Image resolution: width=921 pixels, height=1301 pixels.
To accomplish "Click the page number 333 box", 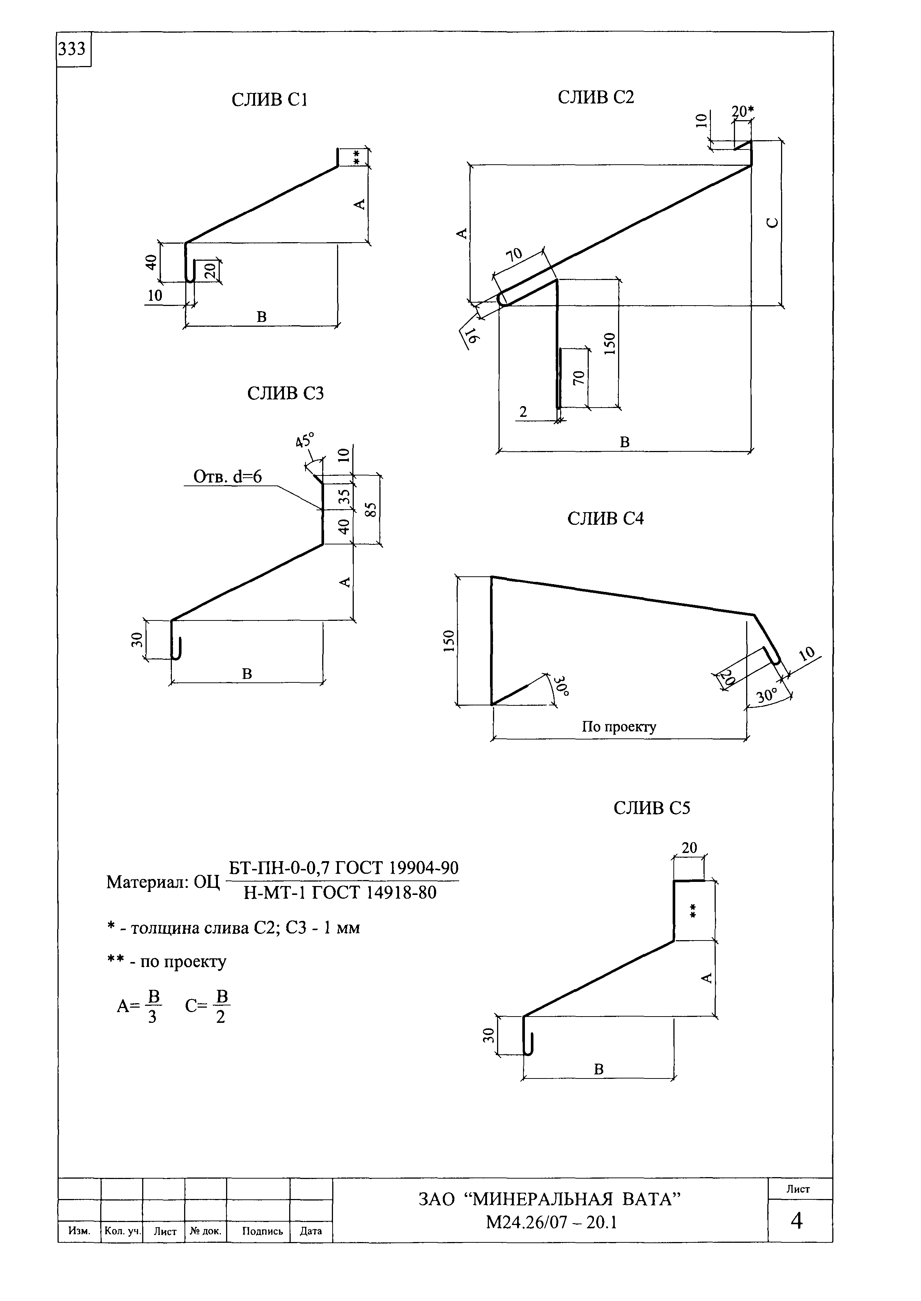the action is pyautogui.click(x=74, y=50).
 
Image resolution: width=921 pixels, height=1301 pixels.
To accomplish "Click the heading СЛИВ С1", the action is pyautogui.click(x=270, y=100).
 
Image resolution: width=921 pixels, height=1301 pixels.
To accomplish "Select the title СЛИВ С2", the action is pyautogui.click(x=596, y=98).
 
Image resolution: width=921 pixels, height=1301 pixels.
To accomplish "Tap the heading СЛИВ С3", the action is pyautogui.click(x=285, y=393).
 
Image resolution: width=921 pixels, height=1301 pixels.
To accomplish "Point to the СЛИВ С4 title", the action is pyautogui.click(x=606, y=518).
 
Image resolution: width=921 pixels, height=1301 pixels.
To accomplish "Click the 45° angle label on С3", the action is pyautogui.click(x=304, y=440).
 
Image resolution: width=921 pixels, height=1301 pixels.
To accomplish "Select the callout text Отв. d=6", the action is pyautogui.click(x=228, y=477).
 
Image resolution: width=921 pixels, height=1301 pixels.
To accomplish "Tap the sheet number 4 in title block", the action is pyautogui.click(x=797, y=1221).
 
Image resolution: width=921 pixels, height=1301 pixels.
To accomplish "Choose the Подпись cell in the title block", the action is pyautogui.click(x=262, y=1231).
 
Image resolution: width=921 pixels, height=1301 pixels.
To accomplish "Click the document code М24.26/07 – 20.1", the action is pyautogui.click(x=551, y=1223).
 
